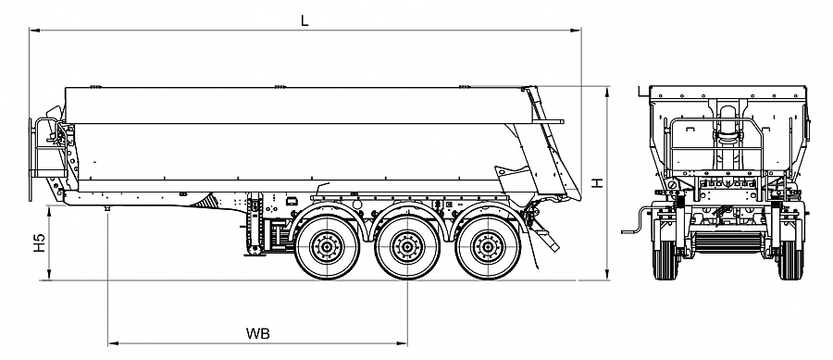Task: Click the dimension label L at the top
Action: coord(305,20)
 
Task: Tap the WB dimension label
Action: coord(257,334)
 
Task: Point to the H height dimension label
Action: coord(598,183)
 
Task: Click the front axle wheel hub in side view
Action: coord(328,247)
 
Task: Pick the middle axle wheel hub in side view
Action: coord(407,247)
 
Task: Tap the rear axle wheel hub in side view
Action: coord(487,247)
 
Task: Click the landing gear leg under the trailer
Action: coord(255,226)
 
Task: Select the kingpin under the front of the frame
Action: coord(108,208)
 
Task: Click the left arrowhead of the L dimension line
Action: coord(34,31)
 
